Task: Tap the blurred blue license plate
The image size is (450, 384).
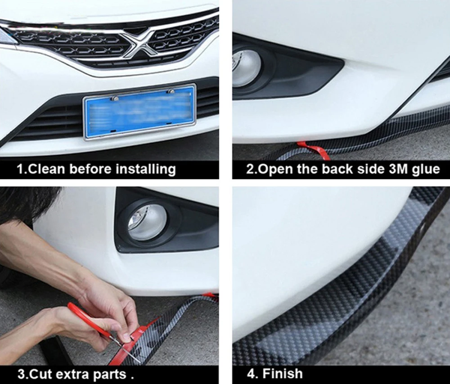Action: (140, 112)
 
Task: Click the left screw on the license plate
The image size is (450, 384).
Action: (115, 98)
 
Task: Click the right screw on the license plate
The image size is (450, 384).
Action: (171, 91)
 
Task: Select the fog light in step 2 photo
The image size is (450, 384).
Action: (246, 68)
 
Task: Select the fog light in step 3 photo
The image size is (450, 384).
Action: (147, 222)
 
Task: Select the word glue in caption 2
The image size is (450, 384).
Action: (426, 169)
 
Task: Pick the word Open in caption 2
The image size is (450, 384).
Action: (274, 169)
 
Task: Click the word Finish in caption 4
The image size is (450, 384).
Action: (283, 374)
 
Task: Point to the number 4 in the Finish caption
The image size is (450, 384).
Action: (251, 374)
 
